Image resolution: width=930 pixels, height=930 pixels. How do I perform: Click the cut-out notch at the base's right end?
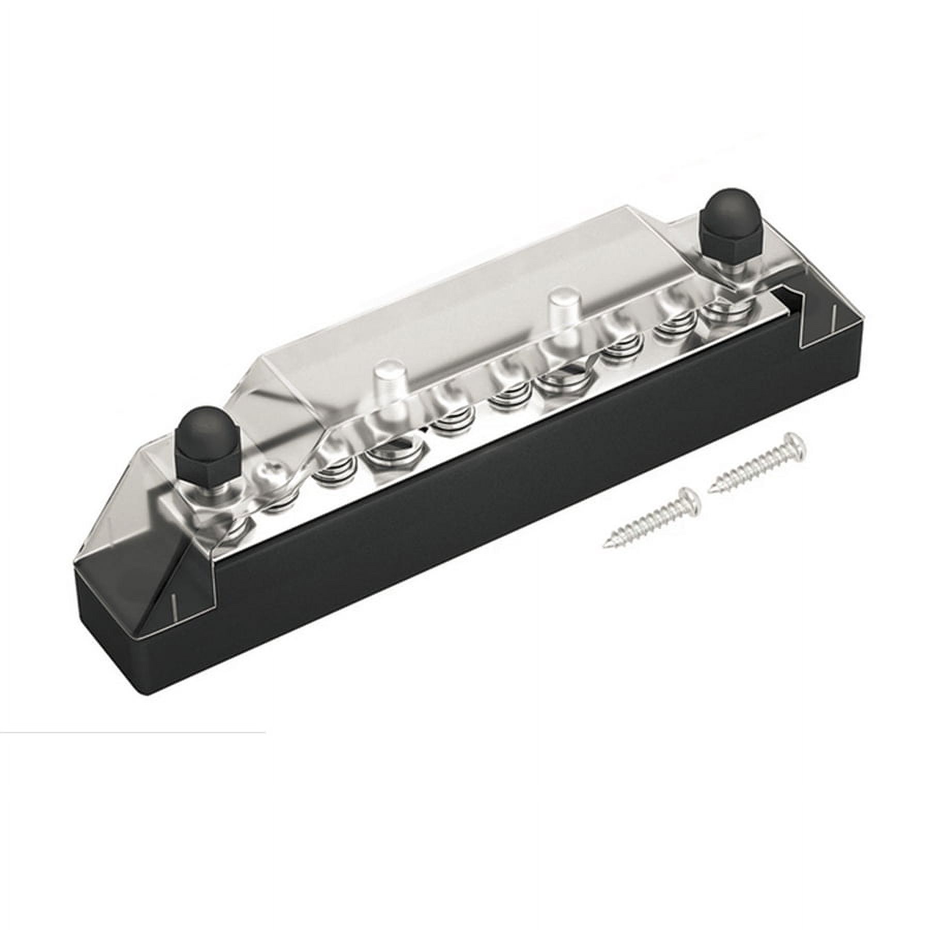point(785,302)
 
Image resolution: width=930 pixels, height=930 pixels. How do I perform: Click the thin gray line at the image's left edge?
point(129,732)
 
